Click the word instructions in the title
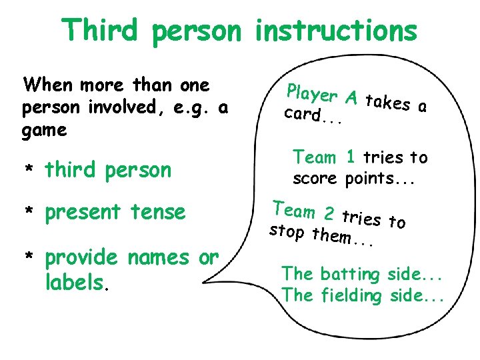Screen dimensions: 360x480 [337, 30]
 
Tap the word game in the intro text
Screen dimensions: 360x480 [45, 130]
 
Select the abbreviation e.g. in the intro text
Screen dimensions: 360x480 [191, 107]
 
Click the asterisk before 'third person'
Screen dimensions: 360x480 [29, 171]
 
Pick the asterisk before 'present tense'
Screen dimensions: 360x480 [29, 213]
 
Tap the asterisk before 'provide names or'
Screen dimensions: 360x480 [29, 258]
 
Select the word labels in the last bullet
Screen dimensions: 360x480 [74, 283]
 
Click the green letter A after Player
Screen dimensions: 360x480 [353, 99]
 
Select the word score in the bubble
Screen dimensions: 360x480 [317, 179]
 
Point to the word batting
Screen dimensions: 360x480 [349, 274]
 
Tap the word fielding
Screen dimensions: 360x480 [353, 295]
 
